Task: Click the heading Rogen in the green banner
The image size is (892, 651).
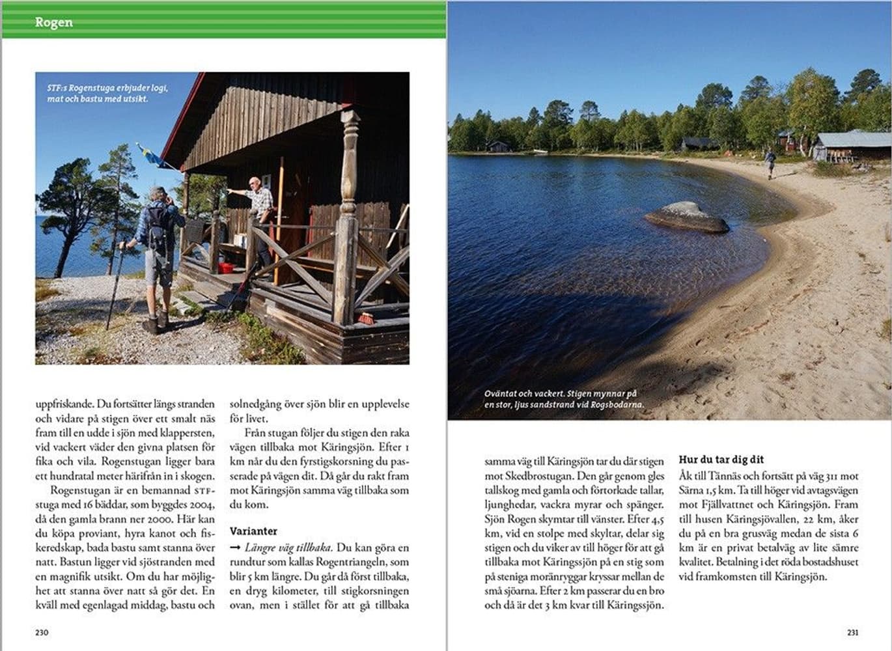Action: [53, 22]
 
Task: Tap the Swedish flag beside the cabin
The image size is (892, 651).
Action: [151, 156]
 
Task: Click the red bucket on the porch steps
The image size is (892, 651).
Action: [226, 268]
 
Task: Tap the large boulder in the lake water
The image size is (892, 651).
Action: [686, 217]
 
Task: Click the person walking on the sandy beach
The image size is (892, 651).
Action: [770, 163]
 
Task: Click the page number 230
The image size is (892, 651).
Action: [42, 632]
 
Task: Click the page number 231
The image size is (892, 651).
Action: [852, 632]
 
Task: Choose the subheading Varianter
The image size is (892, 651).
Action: [253, 531]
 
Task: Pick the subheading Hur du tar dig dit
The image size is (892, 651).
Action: [721, 460]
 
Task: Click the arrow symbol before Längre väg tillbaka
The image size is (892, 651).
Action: [235, 547]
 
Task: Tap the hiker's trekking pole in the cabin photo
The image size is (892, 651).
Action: [115, 286]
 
